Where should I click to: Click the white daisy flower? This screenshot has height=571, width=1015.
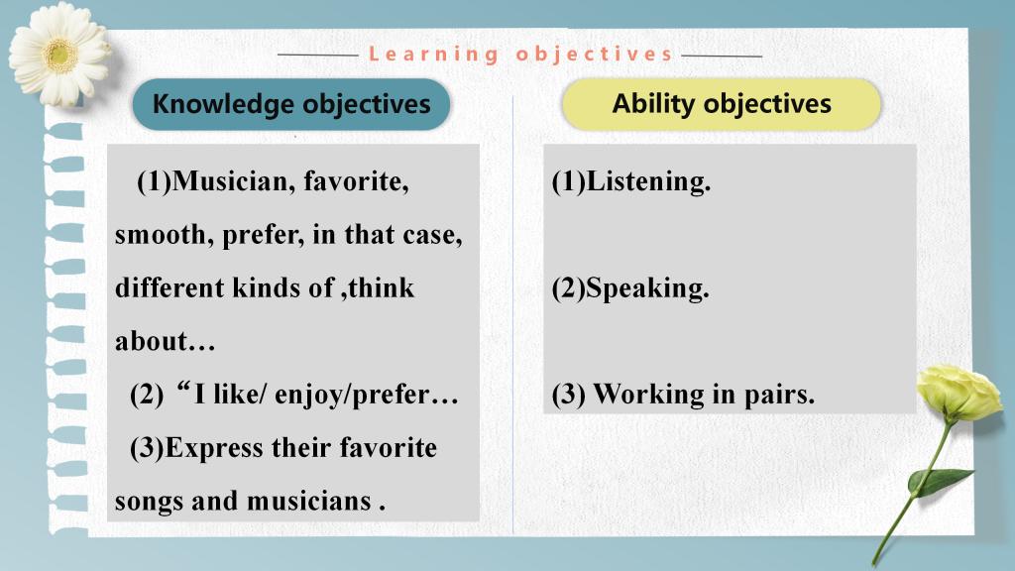coord(59,55)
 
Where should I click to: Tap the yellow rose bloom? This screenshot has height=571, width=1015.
coord(959,393)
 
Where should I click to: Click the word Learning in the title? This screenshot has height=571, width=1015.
coord(434,55)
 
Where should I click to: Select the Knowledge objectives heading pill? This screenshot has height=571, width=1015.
coord(291,104)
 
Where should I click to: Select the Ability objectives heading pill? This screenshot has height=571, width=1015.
coord(722,104)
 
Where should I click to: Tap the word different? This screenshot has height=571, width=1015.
coord(169,288)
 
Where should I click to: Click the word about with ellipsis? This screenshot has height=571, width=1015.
coord(166,341)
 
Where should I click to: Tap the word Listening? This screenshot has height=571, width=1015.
coord(648,182)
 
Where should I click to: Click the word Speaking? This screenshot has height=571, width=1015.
coord(647,288)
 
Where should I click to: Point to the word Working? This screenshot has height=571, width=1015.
coord(649,395)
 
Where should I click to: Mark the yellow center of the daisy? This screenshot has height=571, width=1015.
coord(61,56)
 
